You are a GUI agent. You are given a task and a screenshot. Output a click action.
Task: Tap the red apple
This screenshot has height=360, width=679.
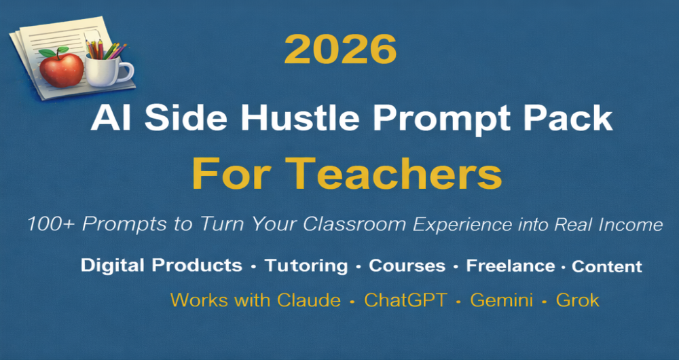pyautogui.click(x=61, y=69)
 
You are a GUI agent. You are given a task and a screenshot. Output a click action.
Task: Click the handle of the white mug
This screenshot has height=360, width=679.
pyautogui.click(x=126, y=72)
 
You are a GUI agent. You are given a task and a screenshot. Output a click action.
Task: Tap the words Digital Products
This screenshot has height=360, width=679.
pyautogui.click(x=162, y=266)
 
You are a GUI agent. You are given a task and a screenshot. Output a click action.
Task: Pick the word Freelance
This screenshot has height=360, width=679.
pyautogui.click(x=510, y=266)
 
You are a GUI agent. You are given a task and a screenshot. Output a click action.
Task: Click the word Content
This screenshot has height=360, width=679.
pyautogui.click(x=606, y=266)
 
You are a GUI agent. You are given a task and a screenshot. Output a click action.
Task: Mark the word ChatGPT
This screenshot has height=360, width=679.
pyautogui.click(x=405, y=300)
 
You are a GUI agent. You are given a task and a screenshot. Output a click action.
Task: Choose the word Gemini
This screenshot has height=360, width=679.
pyautogui.click(x=502, y=300)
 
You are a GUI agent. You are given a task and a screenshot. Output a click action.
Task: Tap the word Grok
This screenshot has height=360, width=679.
pyautogui.click(x=578, y=300)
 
